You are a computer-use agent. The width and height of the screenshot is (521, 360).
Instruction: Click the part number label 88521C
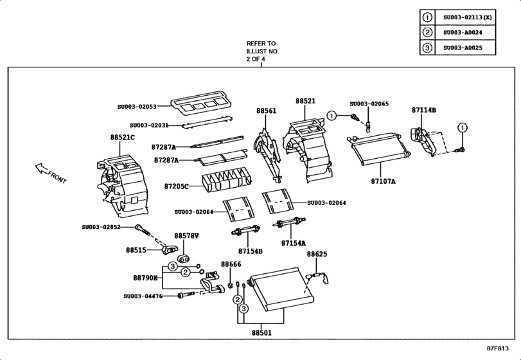[x=123, y=138]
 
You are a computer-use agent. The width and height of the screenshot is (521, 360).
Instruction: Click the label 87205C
[x=175, y=186]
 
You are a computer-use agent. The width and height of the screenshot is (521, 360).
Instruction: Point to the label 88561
[x=266, y=111]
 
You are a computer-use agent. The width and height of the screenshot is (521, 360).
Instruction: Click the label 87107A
[x=383, y=182]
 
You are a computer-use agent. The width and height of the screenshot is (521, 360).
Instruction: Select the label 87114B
[x=423, y=111]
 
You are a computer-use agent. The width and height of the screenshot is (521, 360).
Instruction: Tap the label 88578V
[x=187, y=236]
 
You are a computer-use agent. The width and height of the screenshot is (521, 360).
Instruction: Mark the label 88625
[x=317, y=255]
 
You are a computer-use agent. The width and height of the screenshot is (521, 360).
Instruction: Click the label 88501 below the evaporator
[x=261, y=333]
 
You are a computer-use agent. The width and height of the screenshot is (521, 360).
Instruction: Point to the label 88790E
[x=145, y=278]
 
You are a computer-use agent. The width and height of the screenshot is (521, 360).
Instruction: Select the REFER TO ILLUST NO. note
[x=261, y=51]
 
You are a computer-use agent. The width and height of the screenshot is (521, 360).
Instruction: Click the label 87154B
[x=251, y=251]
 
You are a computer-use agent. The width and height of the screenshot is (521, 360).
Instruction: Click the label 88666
[x=231, y=264]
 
